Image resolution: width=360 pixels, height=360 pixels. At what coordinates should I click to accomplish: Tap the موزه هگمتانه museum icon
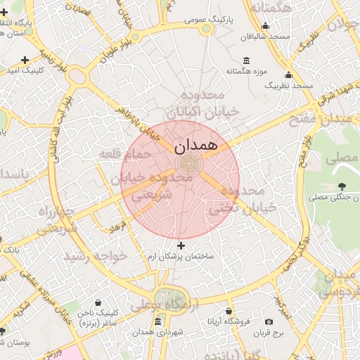245,61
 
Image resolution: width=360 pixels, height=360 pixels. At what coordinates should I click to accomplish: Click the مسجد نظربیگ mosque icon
288,75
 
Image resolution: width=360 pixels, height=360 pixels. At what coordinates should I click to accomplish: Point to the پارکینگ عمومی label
205,20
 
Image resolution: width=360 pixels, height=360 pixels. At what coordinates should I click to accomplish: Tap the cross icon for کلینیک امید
25,60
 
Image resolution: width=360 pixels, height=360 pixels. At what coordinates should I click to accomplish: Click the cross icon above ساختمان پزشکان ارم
181,245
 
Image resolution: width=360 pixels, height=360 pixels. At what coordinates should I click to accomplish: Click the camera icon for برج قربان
269,321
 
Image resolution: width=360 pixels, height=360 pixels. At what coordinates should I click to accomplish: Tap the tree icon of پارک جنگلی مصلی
342,186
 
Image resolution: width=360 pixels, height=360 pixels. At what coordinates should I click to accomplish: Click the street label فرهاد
116,226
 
